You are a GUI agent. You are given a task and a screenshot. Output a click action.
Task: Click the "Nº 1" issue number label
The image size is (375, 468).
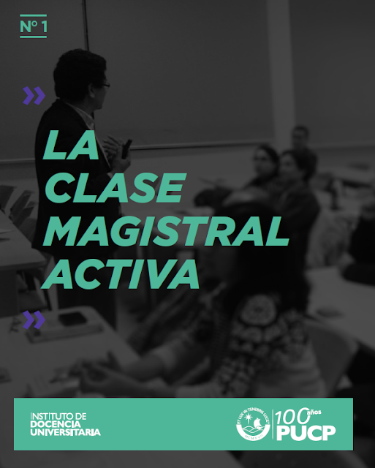[x=33, y=26]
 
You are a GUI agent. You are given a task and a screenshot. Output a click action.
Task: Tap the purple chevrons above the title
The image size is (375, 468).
[x=34, y=95]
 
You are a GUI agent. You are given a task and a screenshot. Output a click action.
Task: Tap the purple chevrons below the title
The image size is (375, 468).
[x=34, y=320]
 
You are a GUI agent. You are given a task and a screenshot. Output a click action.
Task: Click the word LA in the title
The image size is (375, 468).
[x=70, y=146]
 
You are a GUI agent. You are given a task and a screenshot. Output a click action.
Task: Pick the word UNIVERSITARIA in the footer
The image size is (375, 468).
[x=65, y=432]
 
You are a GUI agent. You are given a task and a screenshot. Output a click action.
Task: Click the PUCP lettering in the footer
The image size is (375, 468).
[x=306, y=434]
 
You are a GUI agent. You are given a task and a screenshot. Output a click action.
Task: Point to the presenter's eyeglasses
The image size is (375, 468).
[x=104, y=85]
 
